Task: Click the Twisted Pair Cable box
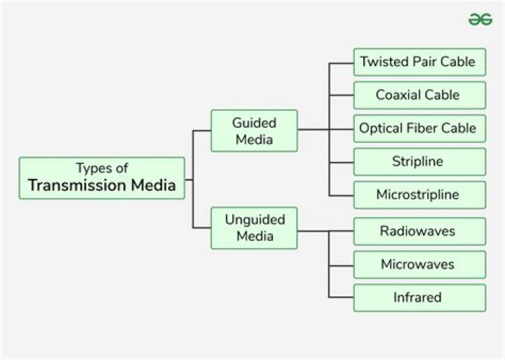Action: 419,62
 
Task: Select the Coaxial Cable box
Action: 419,95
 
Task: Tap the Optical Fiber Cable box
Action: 419,128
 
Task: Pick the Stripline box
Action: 419,161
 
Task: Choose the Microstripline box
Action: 419,194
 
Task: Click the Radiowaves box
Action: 419,231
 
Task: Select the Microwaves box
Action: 419,265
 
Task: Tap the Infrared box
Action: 419,298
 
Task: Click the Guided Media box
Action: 254,131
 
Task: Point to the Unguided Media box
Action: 254,227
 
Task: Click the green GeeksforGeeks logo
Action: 480,20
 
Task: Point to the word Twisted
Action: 384,62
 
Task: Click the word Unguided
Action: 254,219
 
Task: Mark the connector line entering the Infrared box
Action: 341,298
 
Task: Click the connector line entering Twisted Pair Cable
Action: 341,62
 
